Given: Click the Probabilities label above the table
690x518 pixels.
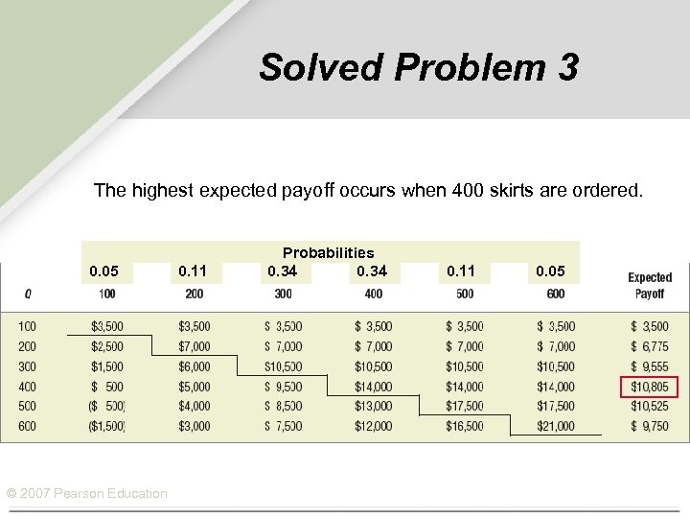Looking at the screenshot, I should click(328, 253).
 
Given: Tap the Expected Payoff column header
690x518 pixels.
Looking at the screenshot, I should click(650, 285).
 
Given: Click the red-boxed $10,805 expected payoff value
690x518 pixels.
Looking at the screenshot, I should click(650, 387).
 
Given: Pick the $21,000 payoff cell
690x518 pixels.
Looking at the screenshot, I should click(556, 426).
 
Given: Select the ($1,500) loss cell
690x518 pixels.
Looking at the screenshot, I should click(106, 426).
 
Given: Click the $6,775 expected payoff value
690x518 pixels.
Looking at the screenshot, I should click(650, 346).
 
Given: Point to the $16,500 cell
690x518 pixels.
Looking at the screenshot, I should click(464, 426).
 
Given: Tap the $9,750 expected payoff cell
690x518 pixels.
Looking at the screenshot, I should click(650, 426).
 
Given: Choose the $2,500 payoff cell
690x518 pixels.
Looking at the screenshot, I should click(106, 346).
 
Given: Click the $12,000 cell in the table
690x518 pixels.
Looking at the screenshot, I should click(373, 426).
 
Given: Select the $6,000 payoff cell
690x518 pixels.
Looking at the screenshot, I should click(195, 366).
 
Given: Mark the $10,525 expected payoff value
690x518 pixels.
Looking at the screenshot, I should click(650, 407).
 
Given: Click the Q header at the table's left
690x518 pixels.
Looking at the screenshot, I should click(26, 293).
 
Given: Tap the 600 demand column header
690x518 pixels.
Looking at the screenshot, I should click(556, 293).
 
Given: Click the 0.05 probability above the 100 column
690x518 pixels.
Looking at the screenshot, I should click(105, 271).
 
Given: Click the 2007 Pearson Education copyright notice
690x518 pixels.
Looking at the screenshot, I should click(86, 493).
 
